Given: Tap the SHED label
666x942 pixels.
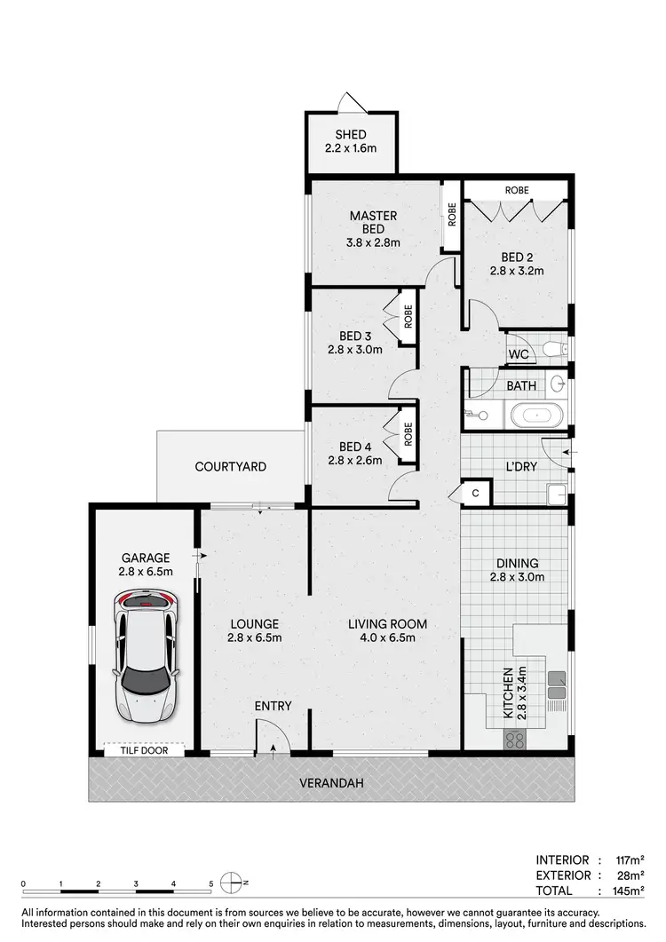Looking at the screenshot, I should coord(350,135).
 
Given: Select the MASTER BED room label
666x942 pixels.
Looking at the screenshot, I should coord(373,216).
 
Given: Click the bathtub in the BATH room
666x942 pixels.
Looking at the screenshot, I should coord(534,413).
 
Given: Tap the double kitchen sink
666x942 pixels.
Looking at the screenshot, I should coord(557,682).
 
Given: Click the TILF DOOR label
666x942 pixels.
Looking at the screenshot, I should coord(143,750).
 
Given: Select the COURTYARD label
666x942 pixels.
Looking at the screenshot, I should coord(231,466).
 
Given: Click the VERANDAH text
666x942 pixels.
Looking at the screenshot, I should coord(329,783).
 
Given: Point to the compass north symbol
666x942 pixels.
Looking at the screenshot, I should coord(233,883).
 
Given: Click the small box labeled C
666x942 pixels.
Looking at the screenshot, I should coord(475,493).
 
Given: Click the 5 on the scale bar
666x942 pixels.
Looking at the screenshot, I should coord(210,884).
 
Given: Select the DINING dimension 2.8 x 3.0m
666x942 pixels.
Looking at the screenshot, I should coord(519,577).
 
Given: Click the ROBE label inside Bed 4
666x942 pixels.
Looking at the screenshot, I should coord(408,434).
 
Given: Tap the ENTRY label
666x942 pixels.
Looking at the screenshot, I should coord(273,706).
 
